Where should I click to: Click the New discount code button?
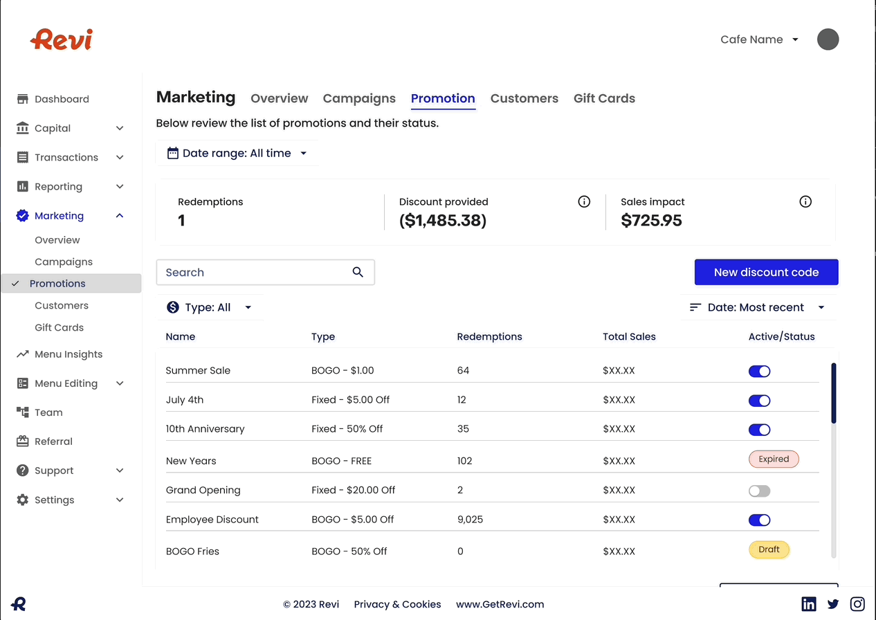766,273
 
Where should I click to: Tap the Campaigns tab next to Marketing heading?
359,98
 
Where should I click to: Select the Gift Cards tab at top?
604,98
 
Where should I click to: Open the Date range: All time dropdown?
237,154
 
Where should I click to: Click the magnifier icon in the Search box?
358,273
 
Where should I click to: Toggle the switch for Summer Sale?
759,372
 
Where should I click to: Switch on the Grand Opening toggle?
759,491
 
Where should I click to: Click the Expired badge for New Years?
774,459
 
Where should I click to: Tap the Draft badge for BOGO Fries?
769,550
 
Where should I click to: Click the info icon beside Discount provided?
584,202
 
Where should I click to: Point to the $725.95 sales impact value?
651,221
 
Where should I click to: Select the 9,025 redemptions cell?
470,520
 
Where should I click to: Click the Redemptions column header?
489,337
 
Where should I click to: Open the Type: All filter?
209,308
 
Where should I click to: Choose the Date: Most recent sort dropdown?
757,308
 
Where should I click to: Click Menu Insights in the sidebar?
69,354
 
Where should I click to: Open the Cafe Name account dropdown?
759,39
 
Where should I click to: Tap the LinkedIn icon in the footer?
808,604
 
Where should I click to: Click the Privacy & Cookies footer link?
397,604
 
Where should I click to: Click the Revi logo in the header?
62,39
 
